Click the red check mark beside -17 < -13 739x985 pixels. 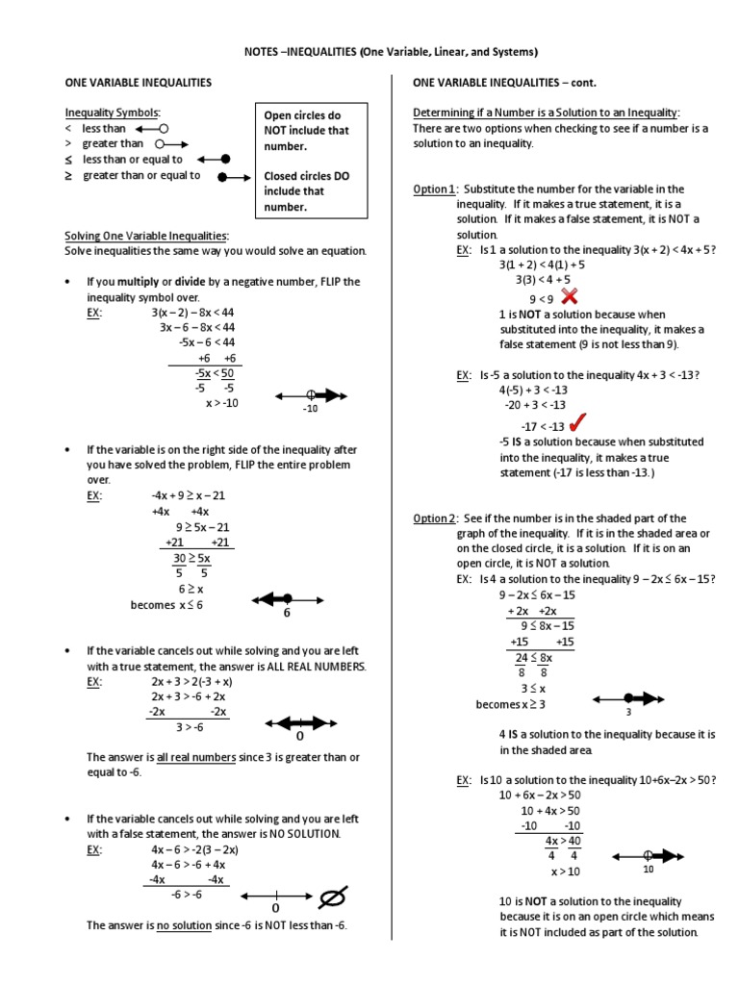click(x=578, y=423)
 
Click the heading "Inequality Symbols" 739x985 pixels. click(x=113, y=113)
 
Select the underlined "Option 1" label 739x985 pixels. click(x=434, y=189)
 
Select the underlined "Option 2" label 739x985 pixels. click(x=434, y=518)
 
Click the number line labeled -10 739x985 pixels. click(x=311, y=394)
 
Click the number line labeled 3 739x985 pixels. click(x=627, y=698)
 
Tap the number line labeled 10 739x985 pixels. click(x=649, y=854)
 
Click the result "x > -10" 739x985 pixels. click(x=221, y=403)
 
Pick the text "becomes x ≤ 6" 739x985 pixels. click(x=166, y=605)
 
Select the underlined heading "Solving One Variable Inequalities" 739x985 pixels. click(x=145, y=236)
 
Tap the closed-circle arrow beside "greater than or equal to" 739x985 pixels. click(x=238, y=177)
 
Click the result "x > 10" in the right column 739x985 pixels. click(x=566, y=871)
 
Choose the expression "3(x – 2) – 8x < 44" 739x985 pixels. click(x=192, y=312)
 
